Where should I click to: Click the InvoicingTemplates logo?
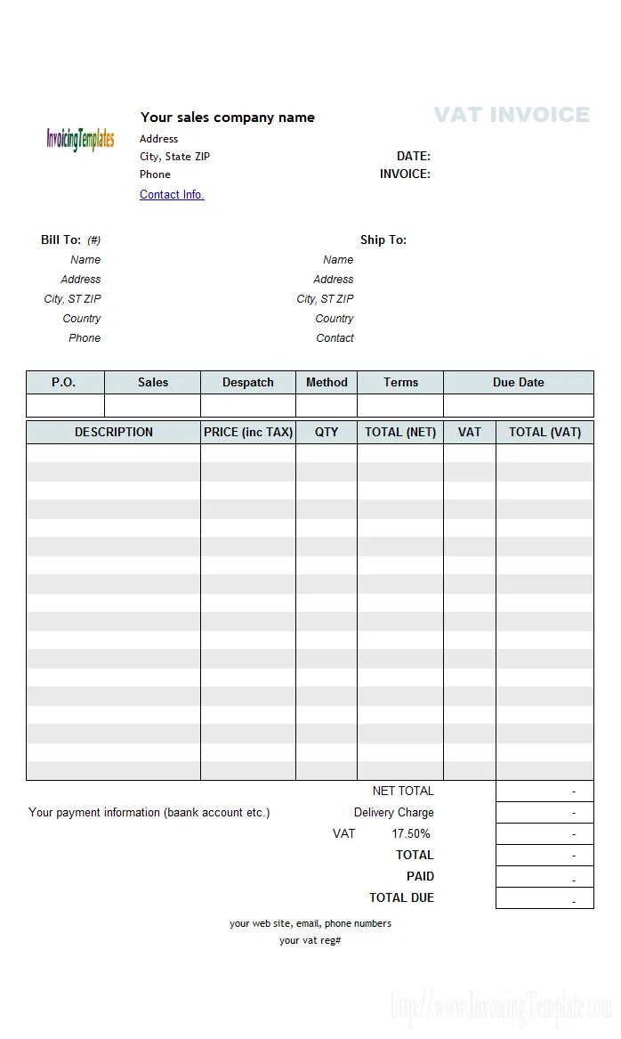click(80, 139)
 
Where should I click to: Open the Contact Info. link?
click(172, 195)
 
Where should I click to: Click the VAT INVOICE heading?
click(512, 115)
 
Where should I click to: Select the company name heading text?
click(228, 118)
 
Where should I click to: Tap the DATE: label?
click(414, 157)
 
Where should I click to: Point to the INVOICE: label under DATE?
click(405, 175)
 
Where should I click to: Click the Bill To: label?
click(60, 240)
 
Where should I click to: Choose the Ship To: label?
click(383, 240)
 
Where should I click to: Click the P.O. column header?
click(64, 383)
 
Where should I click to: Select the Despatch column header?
click(248, 383)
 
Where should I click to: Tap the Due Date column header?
click(519, 383)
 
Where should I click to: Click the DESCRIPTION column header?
click(114, 433)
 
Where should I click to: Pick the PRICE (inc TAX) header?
click(248, 433)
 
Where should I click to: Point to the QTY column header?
click(327, 433)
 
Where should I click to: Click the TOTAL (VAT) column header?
click(544, 433)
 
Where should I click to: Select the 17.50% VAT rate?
click(411, 834)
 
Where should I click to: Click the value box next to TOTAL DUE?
click(544, 898)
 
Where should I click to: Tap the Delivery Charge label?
click(394, 813)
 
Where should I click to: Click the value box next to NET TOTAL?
click(544, 791)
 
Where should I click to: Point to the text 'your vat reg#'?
click(310, 941)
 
